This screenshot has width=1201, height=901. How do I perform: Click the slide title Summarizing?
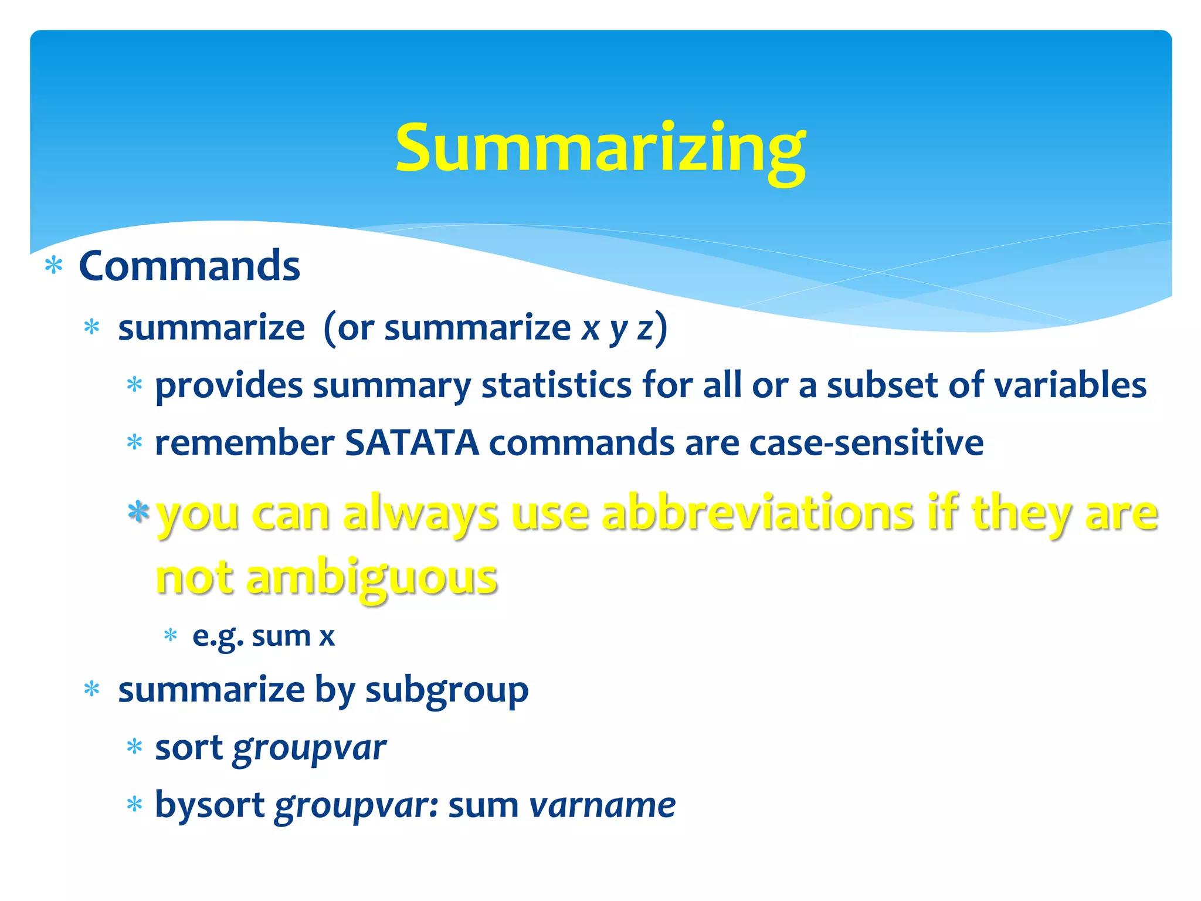click(x=600, y=148)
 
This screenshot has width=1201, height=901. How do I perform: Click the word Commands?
click(x=189, y=266)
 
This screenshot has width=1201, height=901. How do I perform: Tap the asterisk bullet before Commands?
click(x=54, y=266)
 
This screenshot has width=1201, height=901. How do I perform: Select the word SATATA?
click(x=412, y=442)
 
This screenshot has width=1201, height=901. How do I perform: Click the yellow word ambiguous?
click(x=372, y=578)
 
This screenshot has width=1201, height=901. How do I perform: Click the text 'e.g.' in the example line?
click(x=218, y=636)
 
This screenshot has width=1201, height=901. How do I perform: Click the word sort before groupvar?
click(x=189, y=748)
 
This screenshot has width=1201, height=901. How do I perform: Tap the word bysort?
click(x=209, y=805)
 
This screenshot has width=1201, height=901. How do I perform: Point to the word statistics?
click(x=557, y=386)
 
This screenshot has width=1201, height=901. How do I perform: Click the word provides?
click(x=229, y=386)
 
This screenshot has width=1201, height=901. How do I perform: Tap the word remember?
click(x=245, y=442)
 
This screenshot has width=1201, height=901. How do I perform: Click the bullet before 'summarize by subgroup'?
click(x=92, y=690)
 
